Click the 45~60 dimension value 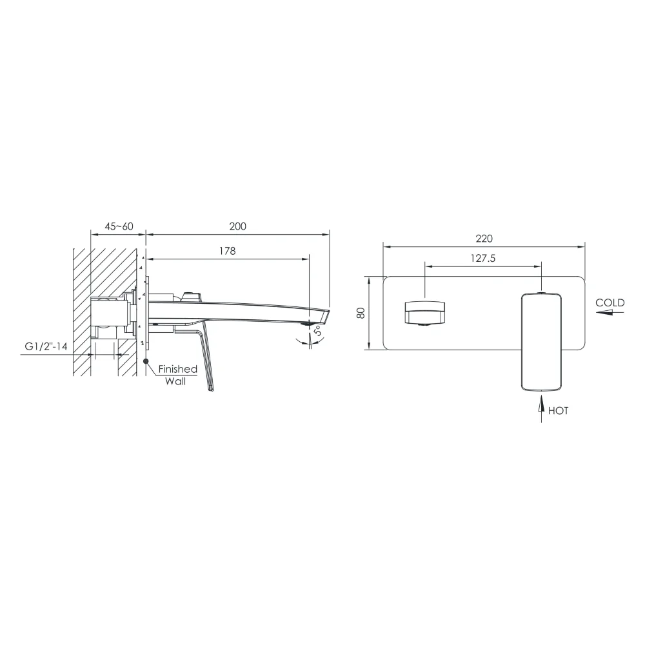click(119, 226)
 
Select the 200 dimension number click(238, 226)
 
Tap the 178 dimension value click(228, 251)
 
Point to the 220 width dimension click(484, 239)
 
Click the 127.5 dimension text click(483, 259)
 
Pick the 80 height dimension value click(361, 313)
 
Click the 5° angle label click(318, 330)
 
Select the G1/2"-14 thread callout click(46, 346)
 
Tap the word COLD click(610, 303)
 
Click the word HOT click(558, 410)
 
